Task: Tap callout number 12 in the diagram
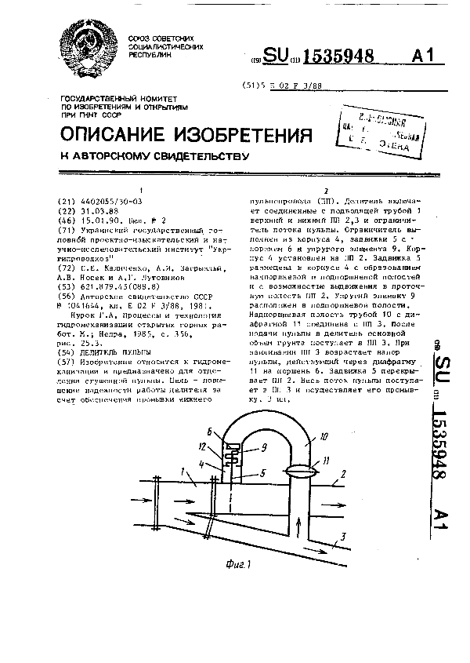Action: coord(202,446)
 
